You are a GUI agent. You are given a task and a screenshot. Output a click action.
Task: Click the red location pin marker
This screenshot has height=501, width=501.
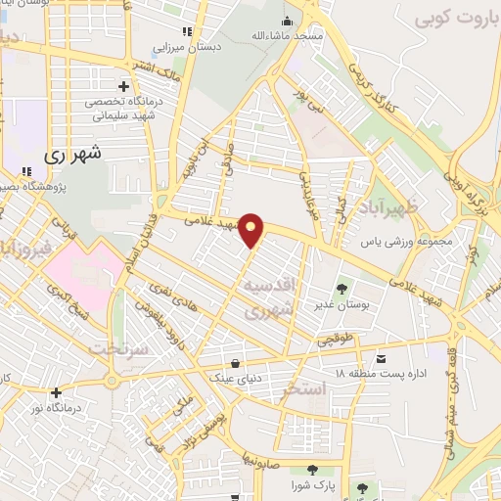click(251, 230)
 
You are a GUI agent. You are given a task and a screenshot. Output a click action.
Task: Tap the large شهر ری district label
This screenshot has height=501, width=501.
click(73, 154)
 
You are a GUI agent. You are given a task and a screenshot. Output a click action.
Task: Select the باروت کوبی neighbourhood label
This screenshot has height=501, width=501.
click(451, 19)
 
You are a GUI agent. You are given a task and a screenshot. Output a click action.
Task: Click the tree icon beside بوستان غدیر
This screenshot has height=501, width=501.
click(342, 289)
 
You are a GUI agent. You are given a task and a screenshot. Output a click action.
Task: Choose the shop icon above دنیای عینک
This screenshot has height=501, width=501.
click(234, 358)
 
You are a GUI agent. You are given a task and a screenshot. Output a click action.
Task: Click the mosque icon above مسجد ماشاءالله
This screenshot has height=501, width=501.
click(287, 22)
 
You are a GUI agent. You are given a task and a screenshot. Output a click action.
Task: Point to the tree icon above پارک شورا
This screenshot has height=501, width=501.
click(312, 471)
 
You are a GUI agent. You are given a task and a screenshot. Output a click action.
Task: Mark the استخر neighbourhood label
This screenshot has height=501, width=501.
click(303, 390)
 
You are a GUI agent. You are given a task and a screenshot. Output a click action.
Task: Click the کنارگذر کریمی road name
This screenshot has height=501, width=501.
click(378, 92)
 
